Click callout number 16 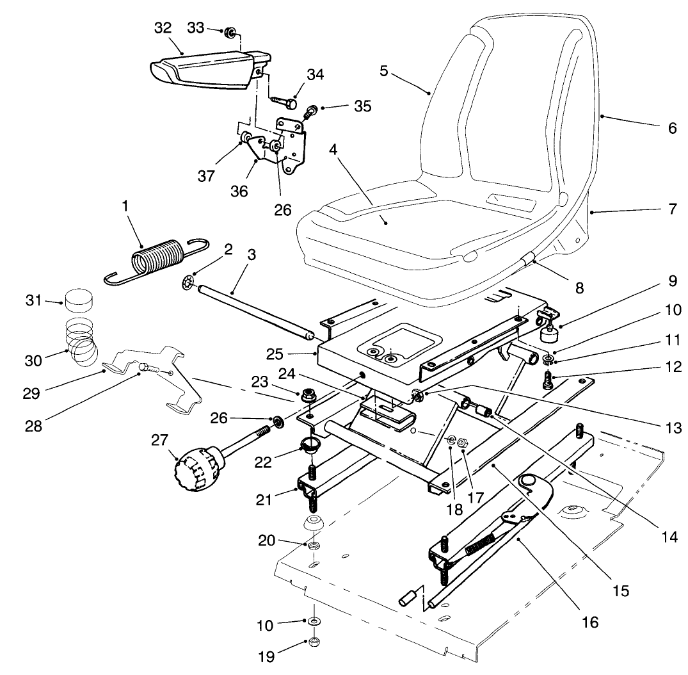(x=589, y=621)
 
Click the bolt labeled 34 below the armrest (x=285, y=101)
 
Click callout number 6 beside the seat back (x=671, y=127)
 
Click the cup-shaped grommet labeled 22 (x=309, y=445)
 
